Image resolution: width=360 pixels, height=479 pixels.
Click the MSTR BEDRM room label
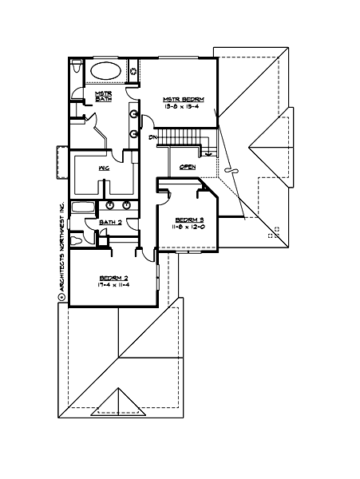coord(184,98)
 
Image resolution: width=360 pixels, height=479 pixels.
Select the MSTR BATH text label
coord(103,96)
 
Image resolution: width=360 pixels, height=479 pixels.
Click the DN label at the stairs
coord(152,137)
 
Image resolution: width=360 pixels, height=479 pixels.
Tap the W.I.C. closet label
coord(104,168)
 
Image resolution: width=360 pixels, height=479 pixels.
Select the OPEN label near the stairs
coord(188,167)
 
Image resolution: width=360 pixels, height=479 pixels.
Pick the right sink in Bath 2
coord(126,205)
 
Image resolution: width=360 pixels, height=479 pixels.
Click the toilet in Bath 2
coord(77,239)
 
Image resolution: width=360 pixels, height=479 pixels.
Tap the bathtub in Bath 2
coord(83,207)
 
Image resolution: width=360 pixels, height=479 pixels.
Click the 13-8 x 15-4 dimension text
coord(184,106)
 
